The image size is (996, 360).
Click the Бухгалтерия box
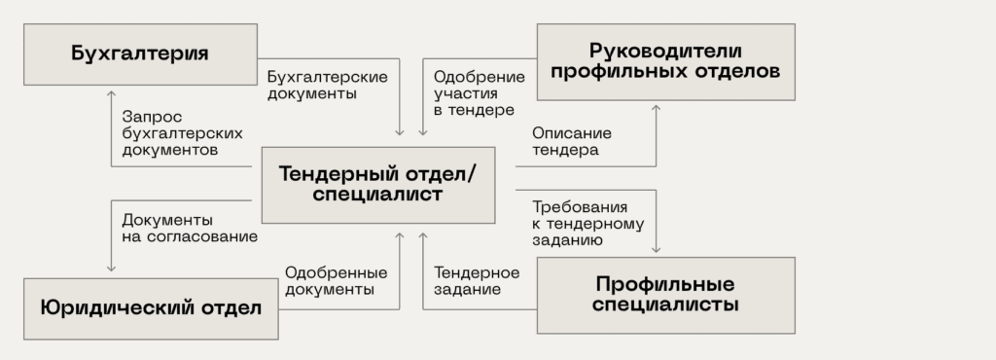[x=140, y=54]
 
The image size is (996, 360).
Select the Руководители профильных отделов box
[x=665, y=61]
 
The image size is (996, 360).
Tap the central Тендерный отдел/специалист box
[x=377, y=184]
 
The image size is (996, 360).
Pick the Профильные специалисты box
[x=665, y=295]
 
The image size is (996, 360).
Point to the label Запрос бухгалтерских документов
[x=182, y=133]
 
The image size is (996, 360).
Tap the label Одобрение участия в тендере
[x=474, y=93]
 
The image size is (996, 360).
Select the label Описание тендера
[x=571, y=141]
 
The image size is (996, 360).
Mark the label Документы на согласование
[x=189, y=228]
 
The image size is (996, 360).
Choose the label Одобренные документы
[x=336, y=280]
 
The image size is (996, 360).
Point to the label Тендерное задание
[x=477, y=280]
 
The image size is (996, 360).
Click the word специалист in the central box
[x=377, y=195]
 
